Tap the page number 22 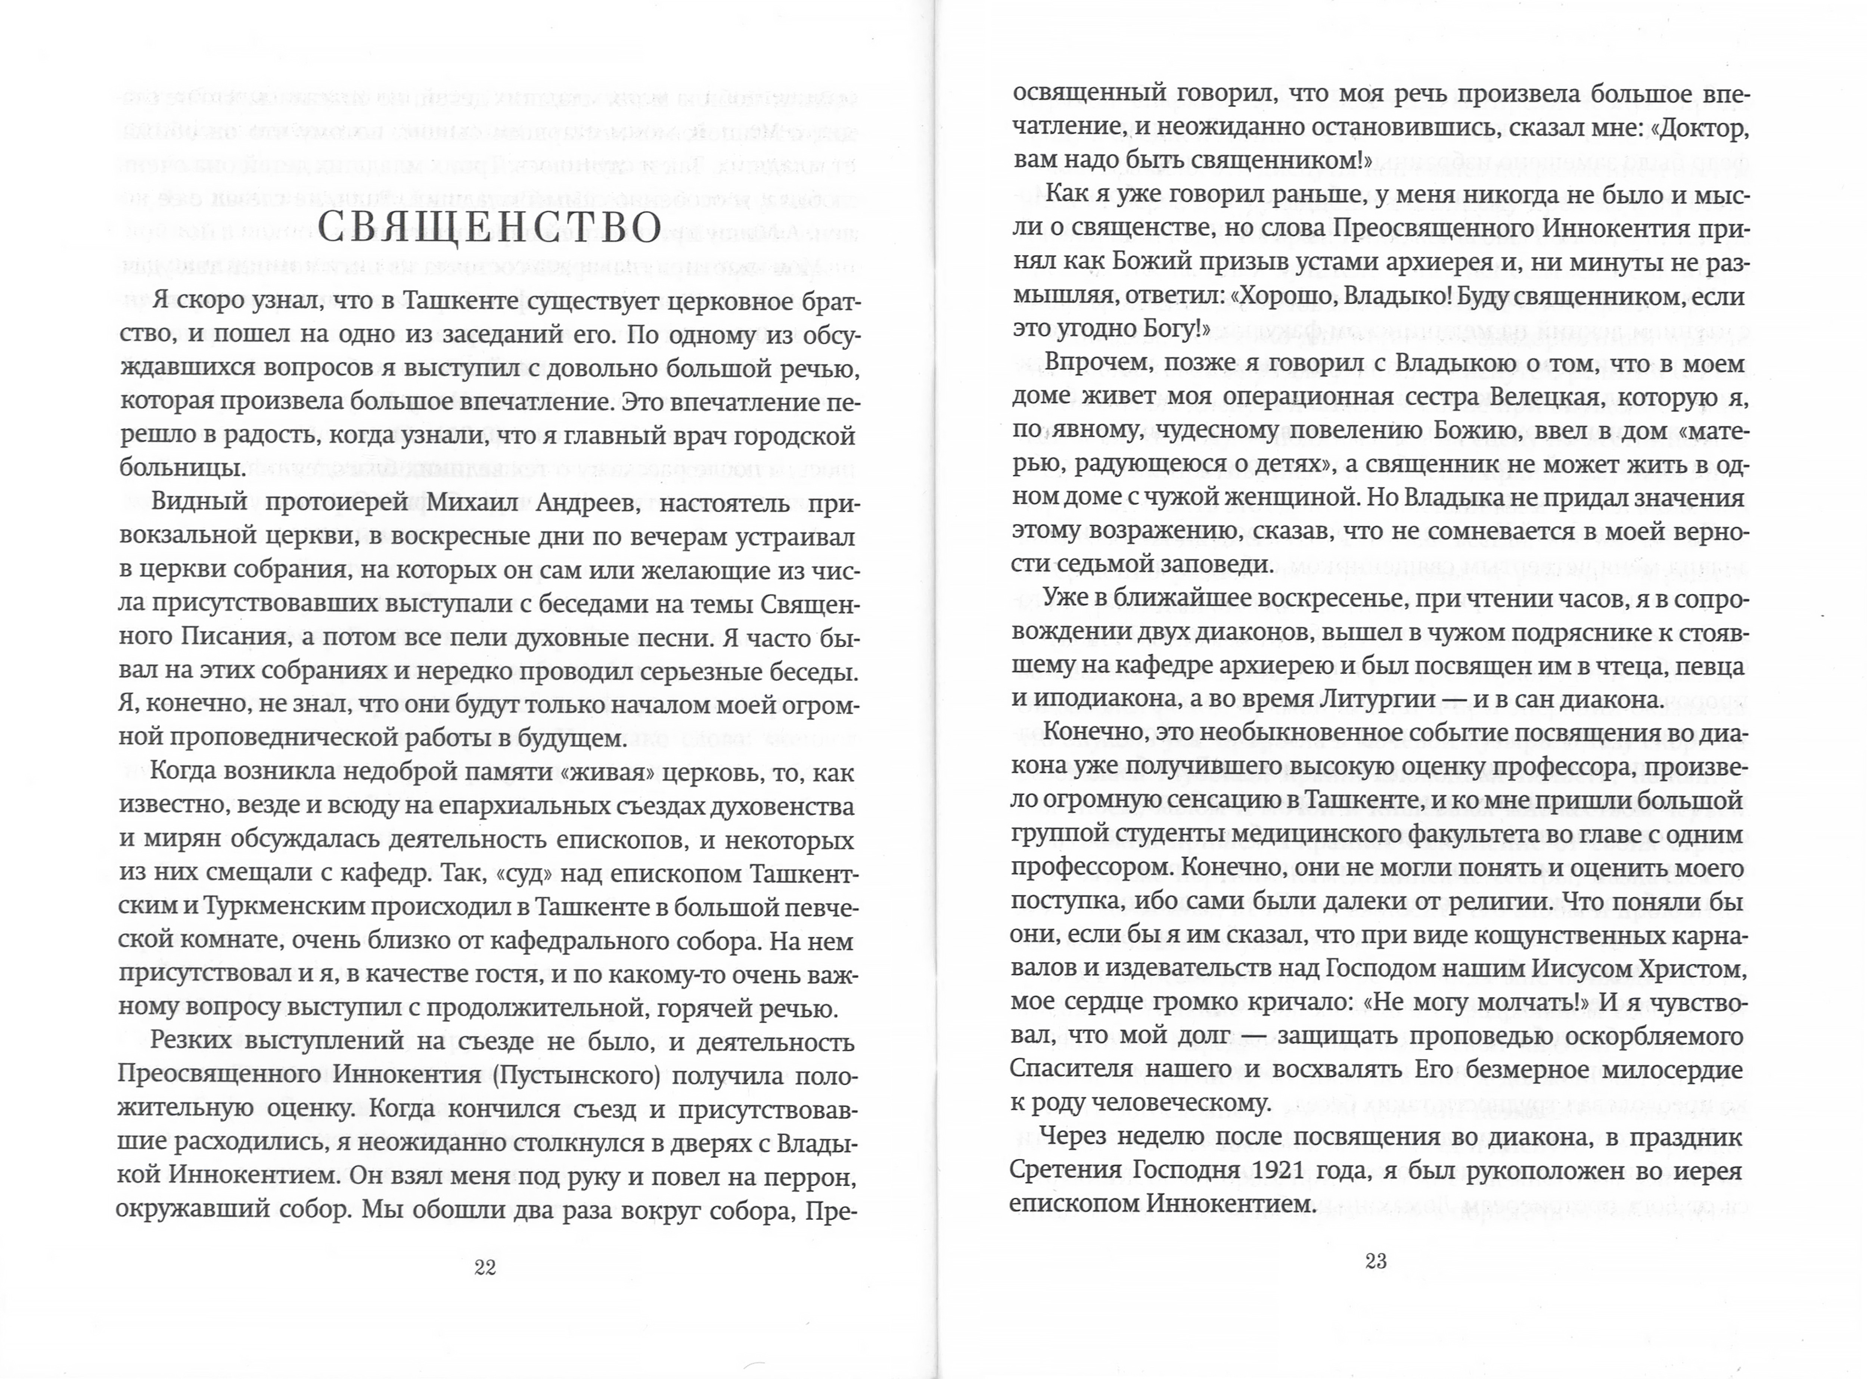[x=485, y=1267]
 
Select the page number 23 [x=1376, y=1261]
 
